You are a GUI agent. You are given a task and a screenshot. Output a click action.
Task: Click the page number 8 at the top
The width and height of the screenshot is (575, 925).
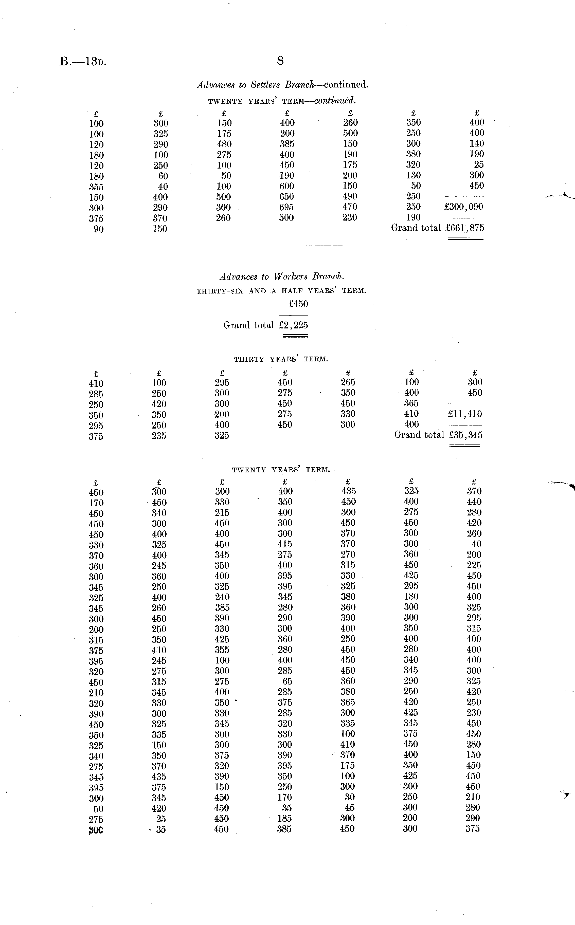click(x=280, y=61)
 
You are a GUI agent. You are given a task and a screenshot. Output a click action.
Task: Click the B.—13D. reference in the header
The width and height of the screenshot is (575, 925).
click(x=83, y=62)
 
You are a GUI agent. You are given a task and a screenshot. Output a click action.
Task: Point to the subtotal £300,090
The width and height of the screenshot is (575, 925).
click(x=463, y=207)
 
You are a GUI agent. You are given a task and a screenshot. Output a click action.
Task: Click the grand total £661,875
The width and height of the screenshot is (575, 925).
click(x=465, y=228)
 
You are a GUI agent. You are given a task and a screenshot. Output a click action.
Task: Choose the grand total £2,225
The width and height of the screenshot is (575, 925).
click(x=293, y=325)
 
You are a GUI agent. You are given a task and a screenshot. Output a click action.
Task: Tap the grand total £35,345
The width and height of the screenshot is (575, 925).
click(x=465, y=435)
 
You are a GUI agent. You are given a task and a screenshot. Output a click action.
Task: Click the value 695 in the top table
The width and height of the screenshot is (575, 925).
click(x=286, y=207)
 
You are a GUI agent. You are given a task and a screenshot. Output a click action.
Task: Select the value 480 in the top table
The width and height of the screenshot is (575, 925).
click(x=224, y=144)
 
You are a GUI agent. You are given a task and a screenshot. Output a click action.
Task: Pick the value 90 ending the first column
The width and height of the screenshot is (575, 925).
click(x=98, y=229)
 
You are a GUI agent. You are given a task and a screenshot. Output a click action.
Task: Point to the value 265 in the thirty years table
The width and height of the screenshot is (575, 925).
click(x=348, y=382)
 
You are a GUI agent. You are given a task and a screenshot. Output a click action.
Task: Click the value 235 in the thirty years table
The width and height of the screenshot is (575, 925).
click(x=159, y=436)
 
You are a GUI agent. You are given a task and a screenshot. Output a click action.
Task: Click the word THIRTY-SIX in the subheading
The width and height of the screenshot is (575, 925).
click(x=220, y=291)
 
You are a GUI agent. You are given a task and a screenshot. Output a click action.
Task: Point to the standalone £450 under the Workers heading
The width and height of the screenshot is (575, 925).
click(x=298, y=304)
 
